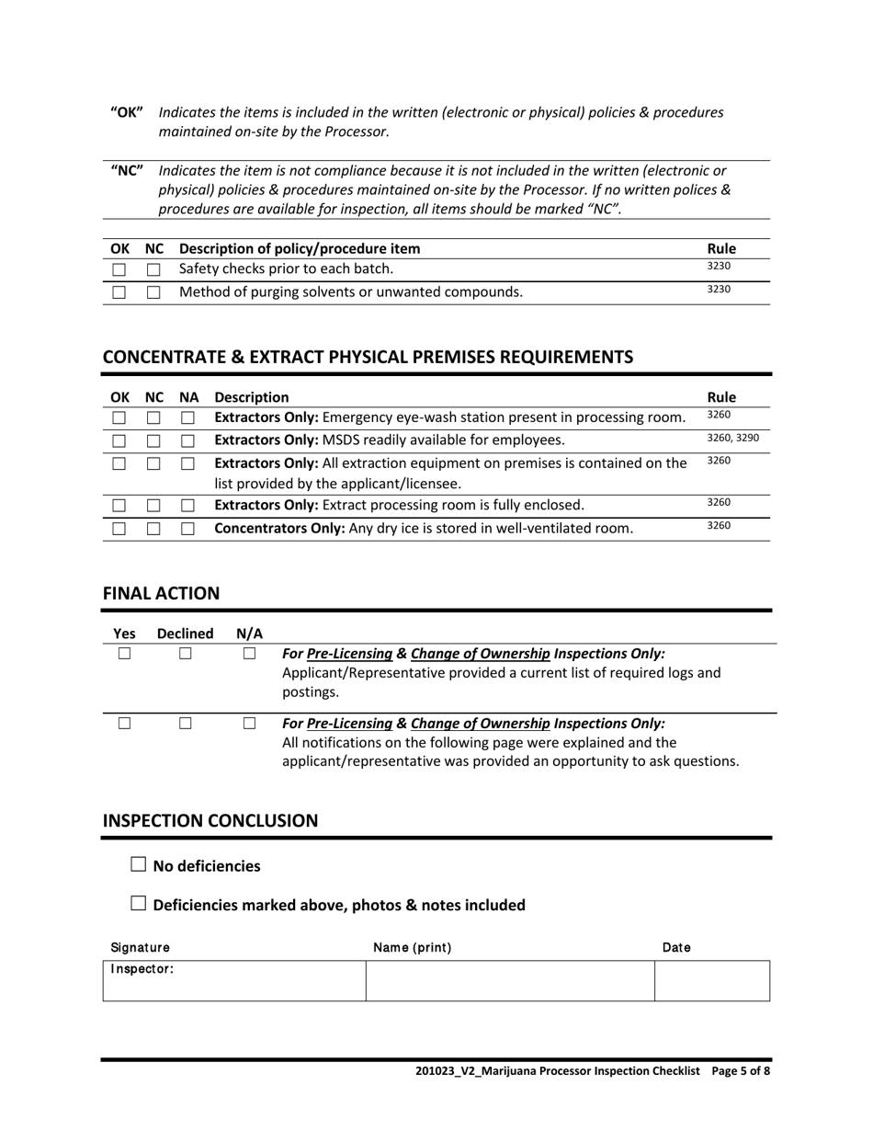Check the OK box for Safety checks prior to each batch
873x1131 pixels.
[x=119, y=270]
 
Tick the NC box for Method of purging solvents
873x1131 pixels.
[x=153, y=293]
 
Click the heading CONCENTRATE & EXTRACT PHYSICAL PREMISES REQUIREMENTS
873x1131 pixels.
[x=368, y=357]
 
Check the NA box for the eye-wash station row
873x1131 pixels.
[x=187, y=418]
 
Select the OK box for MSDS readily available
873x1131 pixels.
[x=119, y=440]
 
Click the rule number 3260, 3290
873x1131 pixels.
[x=732, y=439]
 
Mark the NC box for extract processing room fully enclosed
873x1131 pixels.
[x=153, y=506]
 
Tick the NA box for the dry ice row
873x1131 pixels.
[x=187, y=530]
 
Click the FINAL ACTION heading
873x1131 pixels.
[x=161, y=593]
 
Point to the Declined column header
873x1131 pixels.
[x=186, y=634]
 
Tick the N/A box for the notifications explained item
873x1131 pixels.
[x=249, y=723]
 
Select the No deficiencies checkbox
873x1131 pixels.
[x=139, y=864]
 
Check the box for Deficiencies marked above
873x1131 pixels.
[x=139, y=903]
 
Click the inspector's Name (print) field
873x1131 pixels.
[x=509, y=981]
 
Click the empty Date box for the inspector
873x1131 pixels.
[x=711, y=981]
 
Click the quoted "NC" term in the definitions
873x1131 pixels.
[x=127, y=171]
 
